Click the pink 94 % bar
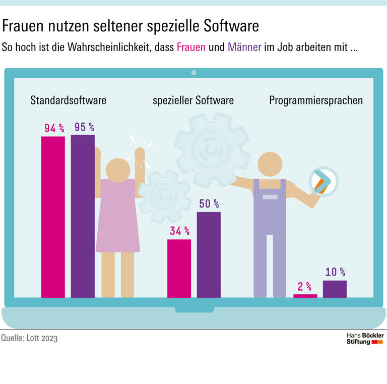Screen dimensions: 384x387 click(x=53, y=217)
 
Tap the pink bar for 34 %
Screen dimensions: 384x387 click(x=179, y=268)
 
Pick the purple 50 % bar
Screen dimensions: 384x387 click(x=209, y=255)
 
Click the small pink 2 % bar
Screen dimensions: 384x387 click(x=305, y=296)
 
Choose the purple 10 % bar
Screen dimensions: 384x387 click(x=335, y=289)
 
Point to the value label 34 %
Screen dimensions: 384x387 click(x=179, y=232)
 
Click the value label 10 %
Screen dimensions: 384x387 click(x=335, y=272)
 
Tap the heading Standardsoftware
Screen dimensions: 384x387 click(x=68, y=100)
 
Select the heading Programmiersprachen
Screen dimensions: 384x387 click(x=316, y=100)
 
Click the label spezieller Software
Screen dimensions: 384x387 click(x=193, y=100)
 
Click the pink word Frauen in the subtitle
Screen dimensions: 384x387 click(x=191, y=48)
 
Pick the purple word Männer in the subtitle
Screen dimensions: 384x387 click(x=244, y=48)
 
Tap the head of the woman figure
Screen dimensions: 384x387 click(x=119, y=170)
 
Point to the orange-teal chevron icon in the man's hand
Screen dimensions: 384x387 click(x=321, y=181)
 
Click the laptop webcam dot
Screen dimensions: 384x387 click(x=193, y=73)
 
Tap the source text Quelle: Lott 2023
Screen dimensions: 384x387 click(x=29, y=338)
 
